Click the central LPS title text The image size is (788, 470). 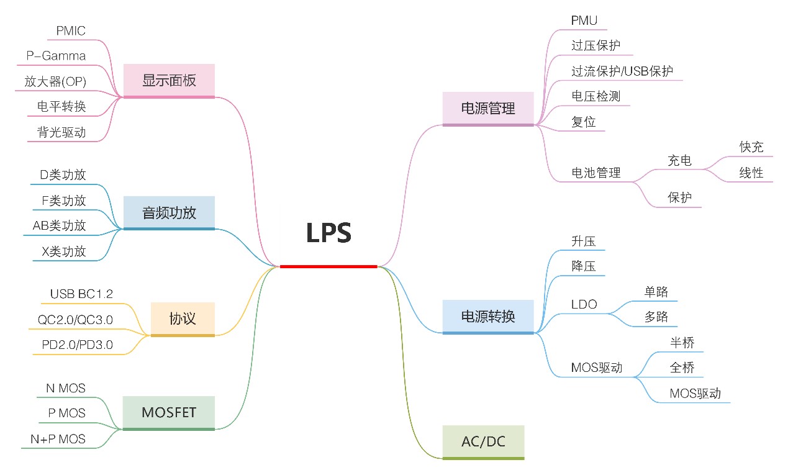click(328, 233)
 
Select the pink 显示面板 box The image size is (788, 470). click(169, 81)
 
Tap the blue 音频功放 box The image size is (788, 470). click(169, 213)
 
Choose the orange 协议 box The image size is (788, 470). click(183, 319)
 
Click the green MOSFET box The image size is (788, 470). click(168, 413)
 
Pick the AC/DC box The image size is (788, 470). click(483, 442)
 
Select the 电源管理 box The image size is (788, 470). click(488, 109)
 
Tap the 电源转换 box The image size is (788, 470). click(488, 317)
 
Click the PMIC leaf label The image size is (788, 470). click(71, 31)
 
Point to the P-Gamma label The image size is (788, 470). click(56, 56)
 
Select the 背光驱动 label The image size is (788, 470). click(61, 132)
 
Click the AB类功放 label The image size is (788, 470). click(59, 225)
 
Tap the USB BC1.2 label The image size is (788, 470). click(81, 294)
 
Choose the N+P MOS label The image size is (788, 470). click(58, 439)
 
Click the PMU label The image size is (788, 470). click(584, 20)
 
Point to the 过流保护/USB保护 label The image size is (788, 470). click(622, 71)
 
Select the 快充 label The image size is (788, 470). click(751, 147)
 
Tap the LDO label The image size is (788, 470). click(584, 304)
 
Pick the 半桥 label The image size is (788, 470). click(682, 343)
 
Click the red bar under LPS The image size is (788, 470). click(328, 266)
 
